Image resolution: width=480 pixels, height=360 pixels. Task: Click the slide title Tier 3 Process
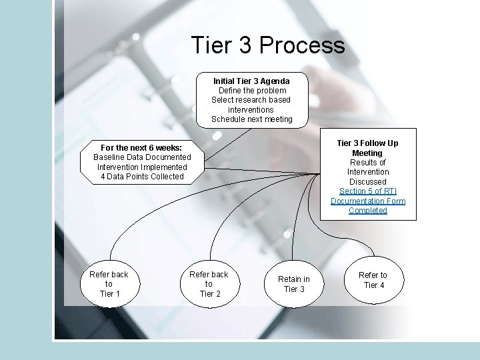click(x=268, y=45)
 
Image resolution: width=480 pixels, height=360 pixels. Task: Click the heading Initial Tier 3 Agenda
click(x=251, y=81)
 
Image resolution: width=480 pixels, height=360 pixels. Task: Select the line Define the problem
click(x=252, y=91)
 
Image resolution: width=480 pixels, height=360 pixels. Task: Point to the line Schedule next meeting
click(x=252, y=119)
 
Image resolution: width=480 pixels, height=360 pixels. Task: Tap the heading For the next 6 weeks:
click(x=141, y=147)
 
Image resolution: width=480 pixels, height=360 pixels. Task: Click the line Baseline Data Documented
click(x=142, y=157)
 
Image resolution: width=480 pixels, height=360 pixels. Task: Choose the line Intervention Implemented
click(x=142, y=167)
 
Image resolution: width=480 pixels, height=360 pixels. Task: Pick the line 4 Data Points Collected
click(x=142, y=177)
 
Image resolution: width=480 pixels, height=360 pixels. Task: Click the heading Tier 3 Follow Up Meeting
click(x=367, y=148)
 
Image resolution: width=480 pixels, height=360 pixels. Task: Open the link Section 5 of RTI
click(x=368, y=191)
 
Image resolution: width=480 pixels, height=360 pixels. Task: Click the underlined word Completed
click(x=368, y=211)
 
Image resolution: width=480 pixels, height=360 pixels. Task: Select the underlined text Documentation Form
click(x=368, y=201)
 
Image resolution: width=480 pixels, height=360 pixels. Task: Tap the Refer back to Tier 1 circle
click(x=109, y=284)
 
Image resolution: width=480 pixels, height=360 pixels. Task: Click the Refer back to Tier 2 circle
click(x=209, y=284)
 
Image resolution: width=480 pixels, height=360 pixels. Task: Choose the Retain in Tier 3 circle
click(x=294, y=284)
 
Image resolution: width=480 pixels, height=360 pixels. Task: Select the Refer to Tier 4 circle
click(x=373, y=280)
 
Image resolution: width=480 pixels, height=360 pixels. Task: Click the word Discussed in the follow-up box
click(x=368, y=181)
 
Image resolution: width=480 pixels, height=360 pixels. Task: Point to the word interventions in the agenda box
click(x=251, y=109)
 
